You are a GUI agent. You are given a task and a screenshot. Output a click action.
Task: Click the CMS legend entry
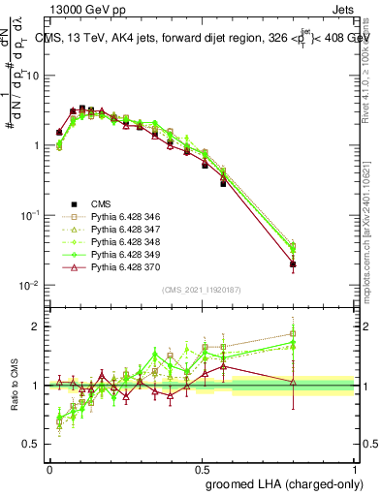[100, 204]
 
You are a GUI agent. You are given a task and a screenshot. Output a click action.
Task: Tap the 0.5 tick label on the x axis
[202, 468]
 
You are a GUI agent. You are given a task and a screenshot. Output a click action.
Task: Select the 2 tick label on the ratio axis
[38, 326]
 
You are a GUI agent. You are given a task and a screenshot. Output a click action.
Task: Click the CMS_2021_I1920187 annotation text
[201, 289]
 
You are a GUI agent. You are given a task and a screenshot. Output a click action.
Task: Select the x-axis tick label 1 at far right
[355, 468]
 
